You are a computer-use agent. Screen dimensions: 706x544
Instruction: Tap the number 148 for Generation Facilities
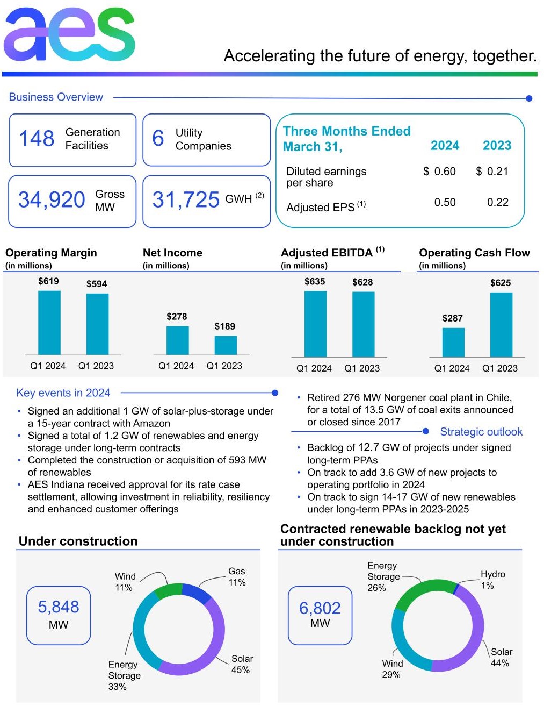pos(37,139)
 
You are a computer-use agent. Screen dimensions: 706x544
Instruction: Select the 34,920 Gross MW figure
pos(52,200)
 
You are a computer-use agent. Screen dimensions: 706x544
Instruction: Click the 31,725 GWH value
pos(186,200)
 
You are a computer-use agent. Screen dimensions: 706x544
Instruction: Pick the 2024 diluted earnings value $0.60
pos(439,172)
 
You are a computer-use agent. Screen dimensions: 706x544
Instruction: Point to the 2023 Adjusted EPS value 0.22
pos(497,203)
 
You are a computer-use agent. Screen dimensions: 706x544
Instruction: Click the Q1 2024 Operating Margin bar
pos(49,323)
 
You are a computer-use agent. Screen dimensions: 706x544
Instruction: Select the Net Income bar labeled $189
pos(226,345)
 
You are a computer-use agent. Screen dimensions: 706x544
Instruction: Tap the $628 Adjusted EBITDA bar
pos(363,324)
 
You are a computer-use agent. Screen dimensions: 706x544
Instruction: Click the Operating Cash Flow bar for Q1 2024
pos(453,343)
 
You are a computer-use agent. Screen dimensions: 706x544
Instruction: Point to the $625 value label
pos(501,283)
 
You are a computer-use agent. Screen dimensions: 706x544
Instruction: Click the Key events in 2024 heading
pos(63,393)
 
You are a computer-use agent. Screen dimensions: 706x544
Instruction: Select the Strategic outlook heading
pos(481,432)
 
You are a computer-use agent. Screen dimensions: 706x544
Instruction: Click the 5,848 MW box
pos(59,615)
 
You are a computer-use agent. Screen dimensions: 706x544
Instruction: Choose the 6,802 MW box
pos(320,615)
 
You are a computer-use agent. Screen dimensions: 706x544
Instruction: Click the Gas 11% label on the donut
pos(237,577)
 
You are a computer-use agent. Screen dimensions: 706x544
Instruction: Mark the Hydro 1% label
pos(492,580)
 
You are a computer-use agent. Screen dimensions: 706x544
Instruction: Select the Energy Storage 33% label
pos(124,675)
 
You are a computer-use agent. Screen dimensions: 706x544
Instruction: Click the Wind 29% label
pos(392,669)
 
